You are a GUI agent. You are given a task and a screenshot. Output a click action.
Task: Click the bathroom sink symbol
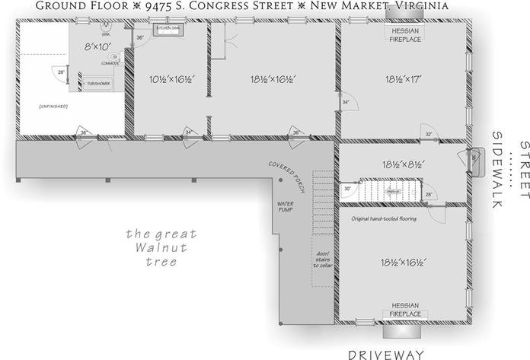point(105,27)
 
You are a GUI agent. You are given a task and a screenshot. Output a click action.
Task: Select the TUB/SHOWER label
point(97,82)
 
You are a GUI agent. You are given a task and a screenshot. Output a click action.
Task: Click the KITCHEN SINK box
point(168,29)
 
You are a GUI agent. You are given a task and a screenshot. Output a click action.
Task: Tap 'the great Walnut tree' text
point(161,248)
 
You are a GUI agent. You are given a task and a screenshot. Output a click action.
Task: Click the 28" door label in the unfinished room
point(60,72)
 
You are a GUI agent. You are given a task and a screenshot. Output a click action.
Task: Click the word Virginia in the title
point(415,6)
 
